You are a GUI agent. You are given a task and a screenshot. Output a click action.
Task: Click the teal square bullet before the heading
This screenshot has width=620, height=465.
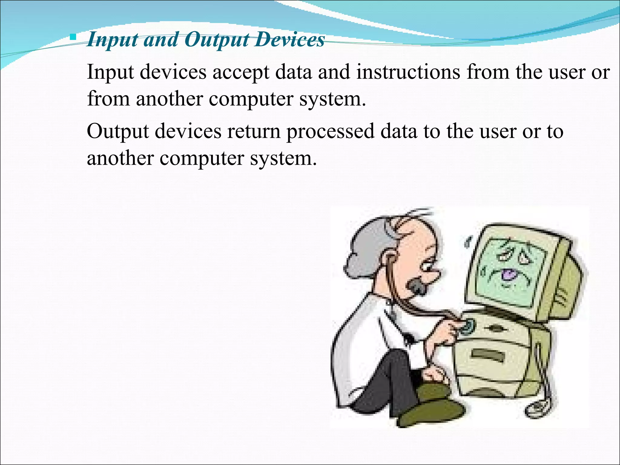pyautogui.click(x=73, y=38)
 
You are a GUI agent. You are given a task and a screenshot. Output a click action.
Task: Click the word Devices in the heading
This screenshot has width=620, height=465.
pyautogui.click(x=289, y=40)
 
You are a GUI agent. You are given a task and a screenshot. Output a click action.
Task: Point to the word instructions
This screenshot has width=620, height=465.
pyautogui.click(x=408, y=72)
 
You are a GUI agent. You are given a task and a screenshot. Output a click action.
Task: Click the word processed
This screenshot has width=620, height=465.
pyautogui.click(x=331, y=132)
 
